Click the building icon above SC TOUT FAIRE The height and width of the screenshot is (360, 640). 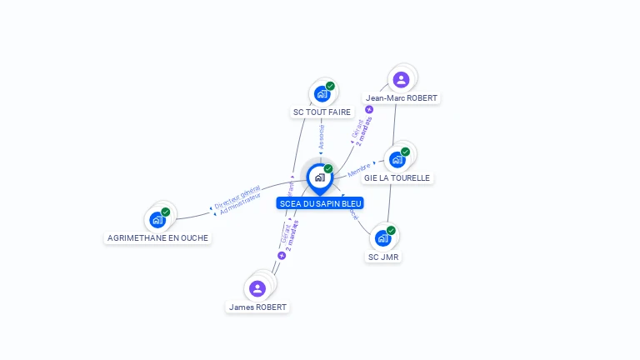coord(322,94)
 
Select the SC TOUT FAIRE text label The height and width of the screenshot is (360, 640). coord(321,112)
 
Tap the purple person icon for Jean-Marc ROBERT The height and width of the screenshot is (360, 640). coord(402,80)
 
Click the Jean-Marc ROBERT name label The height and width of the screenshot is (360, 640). coord(402,97)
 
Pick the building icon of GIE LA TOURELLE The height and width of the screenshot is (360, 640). coord(397,159)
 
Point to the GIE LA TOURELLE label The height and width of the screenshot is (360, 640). coord(397,177)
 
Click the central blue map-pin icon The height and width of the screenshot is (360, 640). coord(320,177)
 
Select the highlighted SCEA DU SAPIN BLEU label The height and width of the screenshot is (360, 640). coord(321,203)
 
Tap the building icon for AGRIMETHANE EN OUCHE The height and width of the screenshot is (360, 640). coord(157,220)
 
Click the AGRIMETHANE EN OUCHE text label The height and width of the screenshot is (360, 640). coord(158,237)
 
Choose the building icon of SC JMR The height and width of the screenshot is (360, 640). coord(382,238)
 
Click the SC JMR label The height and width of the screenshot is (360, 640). coord(384,257)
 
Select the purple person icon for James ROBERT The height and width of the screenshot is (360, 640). coord(257,288)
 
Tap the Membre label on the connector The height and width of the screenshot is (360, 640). coord(359,171)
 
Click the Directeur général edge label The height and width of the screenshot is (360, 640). coord(237,196)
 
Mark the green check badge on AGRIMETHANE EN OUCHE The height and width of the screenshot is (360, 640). coord(166,212)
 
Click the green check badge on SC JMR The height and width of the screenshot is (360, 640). coord(391,230)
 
